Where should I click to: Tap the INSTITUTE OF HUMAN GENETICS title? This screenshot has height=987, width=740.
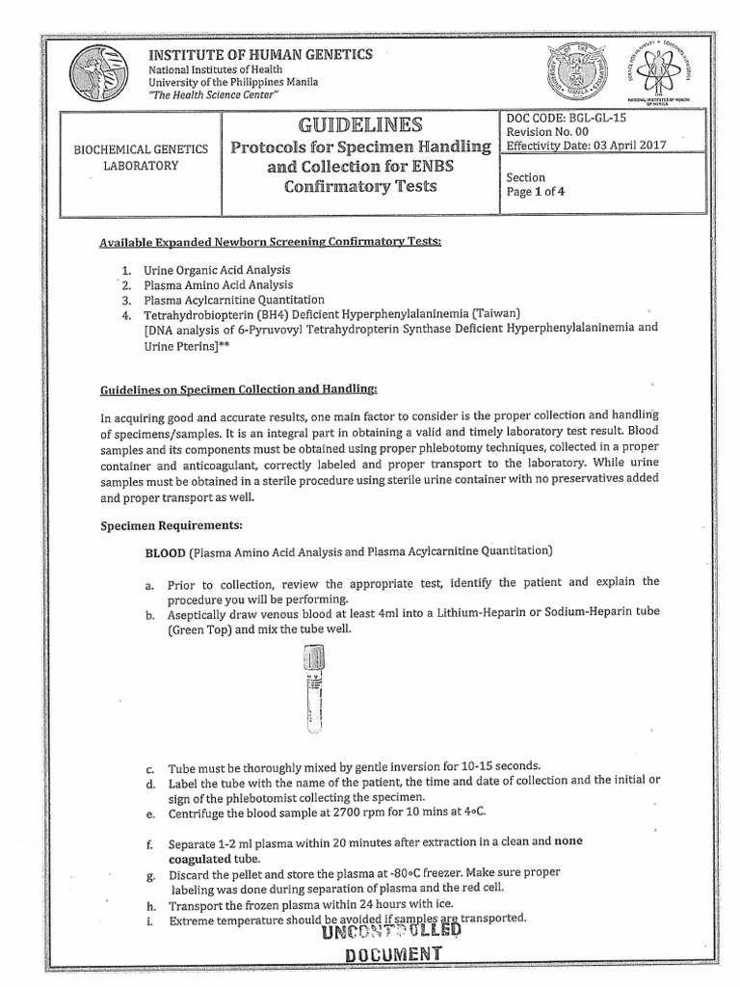259,54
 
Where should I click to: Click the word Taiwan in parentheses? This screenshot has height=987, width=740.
492,313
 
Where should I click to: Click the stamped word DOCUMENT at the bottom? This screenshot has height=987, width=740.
384,954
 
